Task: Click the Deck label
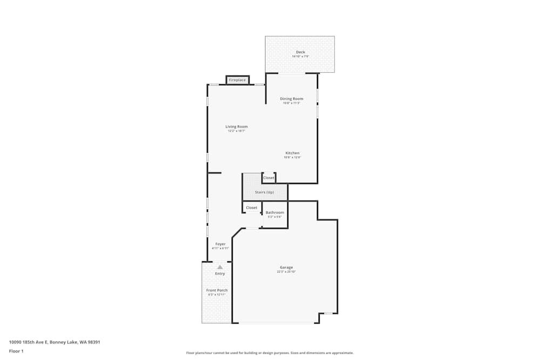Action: coord(300,52)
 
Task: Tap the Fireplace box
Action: coord(237,80)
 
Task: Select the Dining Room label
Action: coord(291,99)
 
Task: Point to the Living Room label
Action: coord(237,127)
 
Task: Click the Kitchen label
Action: coord(292,153)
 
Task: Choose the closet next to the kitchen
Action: coord(268,178)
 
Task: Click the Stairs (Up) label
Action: coord(264,192)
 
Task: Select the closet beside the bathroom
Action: coord(252,208)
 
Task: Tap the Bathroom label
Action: coord(274,213)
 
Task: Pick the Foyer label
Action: coord(220,244)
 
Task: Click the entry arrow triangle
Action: coord(220,267)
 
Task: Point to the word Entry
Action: coord(220,274)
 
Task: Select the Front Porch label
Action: coord(217,290)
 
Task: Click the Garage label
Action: coord(286,267)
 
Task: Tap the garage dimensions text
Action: coord(286,272)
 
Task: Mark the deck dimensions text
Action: coord(300,57)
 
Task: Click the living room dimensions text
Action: coord(237,131)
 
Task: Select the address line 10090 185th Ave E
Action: coord(55,342)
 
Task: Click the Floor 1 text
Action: coord(16,351)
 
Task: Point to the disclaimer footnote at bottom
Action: coord(270,353)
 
